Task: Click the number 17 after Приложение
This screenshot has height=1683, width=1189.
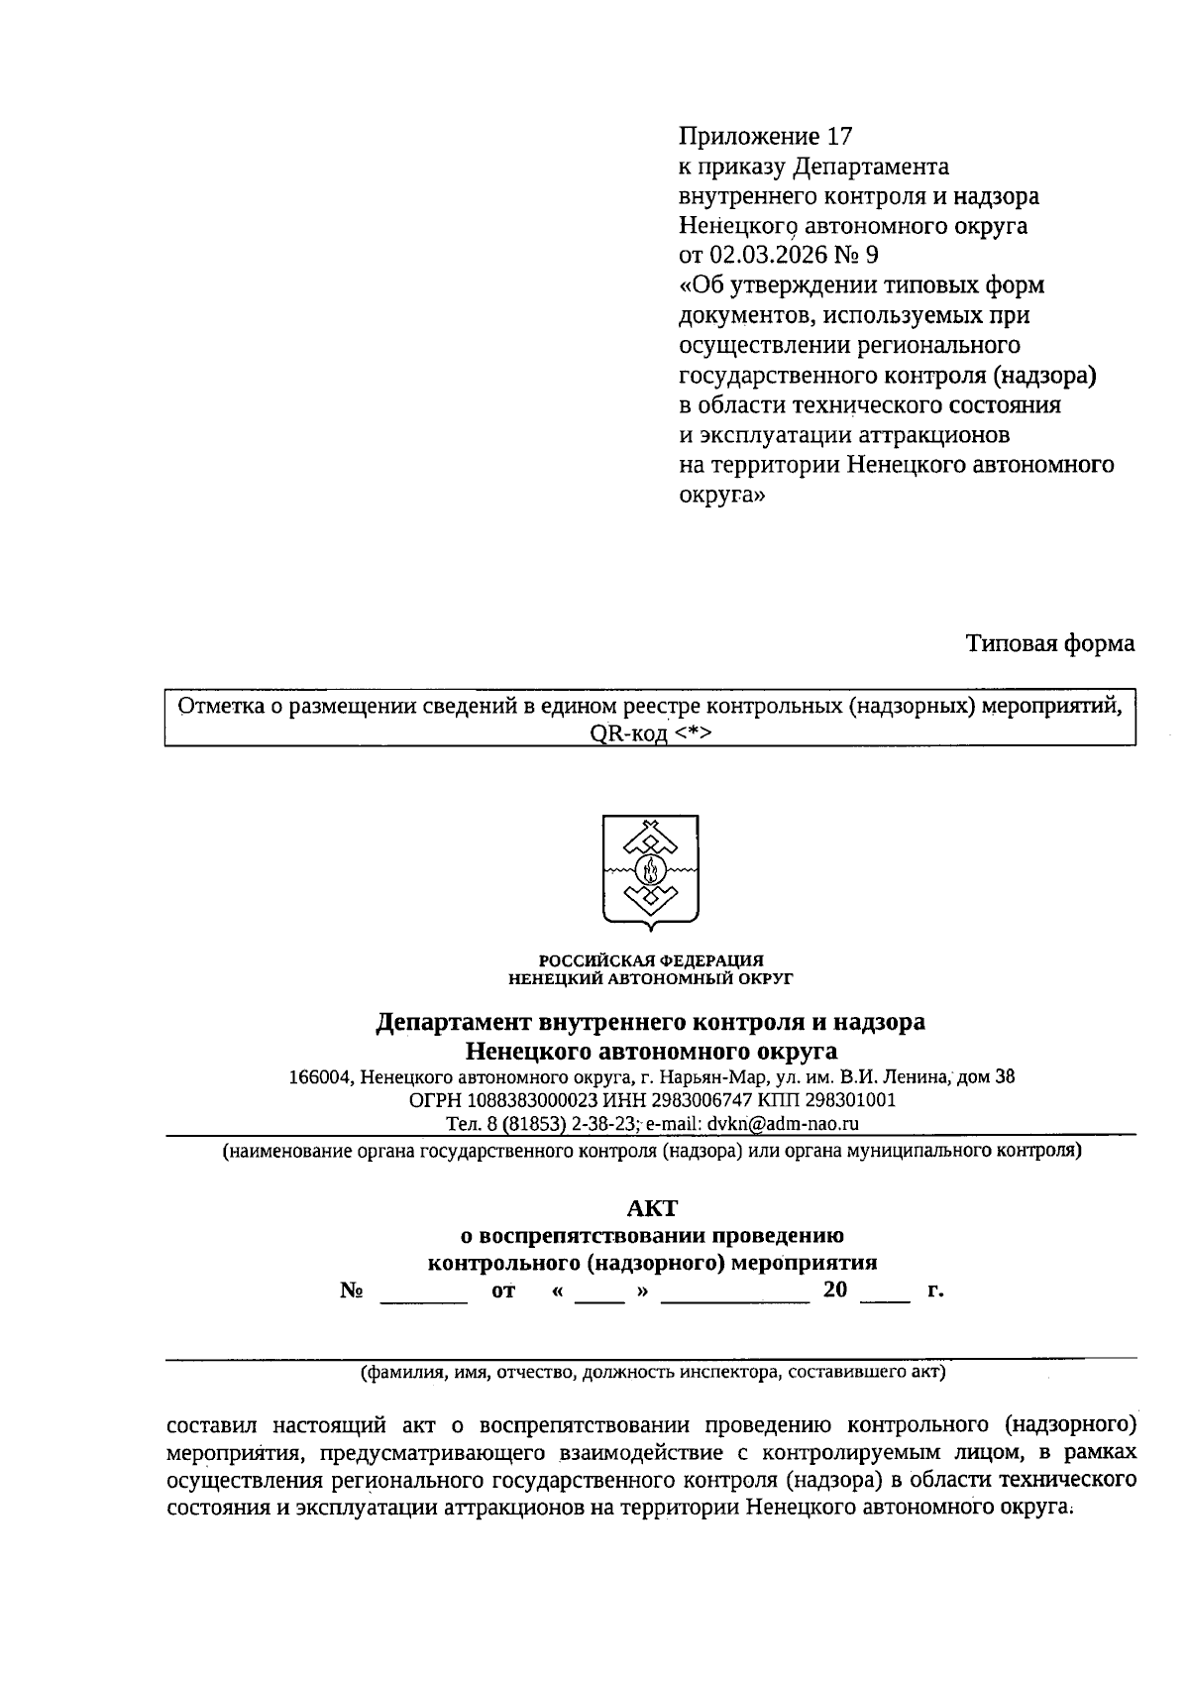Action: (838, 136)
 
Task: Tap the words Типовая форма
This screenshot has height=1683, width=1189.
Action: (1050, 644)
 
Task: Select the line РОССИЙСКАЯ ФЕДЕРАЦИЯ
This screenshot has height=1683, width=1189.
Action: (651, 959)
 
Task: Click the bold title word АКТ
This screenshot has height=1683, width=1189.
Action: (651, 1208)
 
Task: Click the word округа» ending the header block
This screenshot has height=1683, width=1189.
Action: (721, 495)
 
